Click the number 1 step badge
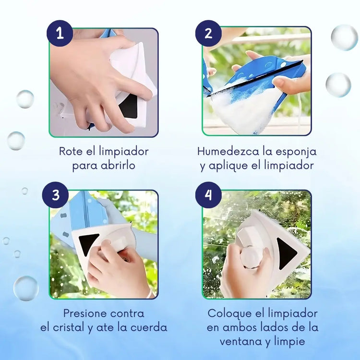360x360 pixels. coord(60,34)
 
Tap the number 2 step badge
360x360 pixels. coord(208,34)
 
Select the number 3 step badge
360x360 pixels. coord(55,195)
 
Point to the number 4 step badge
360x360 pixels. coord(208,195)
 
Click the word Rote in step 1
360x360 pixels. coord(71,152)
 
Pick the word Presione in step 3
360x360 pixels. coord(85,313)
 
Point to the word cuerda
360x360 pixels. coord(149,328)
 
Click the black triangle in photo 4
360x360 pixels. coord(286,254)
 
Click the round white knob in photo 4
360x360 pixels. coord(251,257)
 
